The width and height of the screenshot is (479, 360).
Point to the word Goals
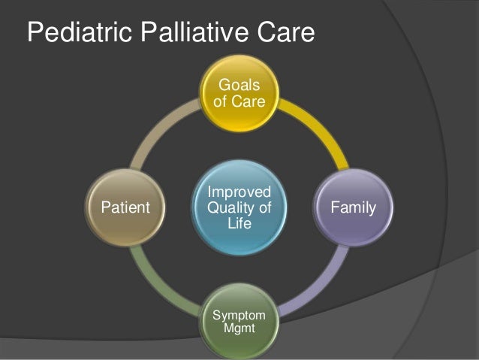click(x=239, y=83)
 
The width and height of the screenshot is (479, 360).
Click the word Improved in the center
click(x=239, y=191)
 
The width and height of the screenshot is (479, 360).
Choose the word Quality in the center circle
click(x=233, y=206)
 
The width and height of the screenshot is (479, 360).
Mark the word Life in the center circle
click(x=239, y=222)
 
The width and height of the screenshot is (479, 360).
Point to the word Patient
click(x=125, y=206)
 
